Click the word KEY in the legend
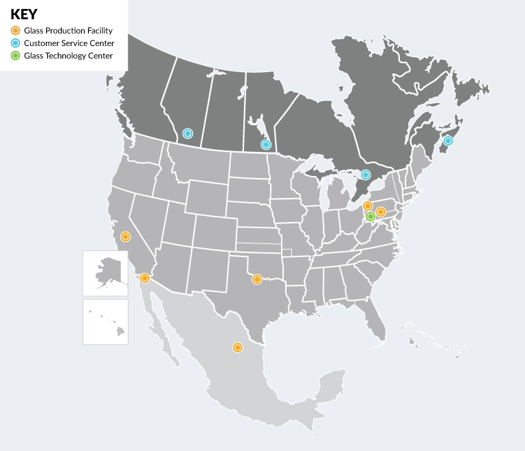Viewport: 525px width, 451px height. click(x=24, y=14)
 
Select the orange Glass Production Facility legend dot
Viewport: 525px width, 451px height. click(x=15, y=31)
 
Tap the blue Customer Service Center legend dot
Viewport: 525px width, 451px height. click(x=15, y=43)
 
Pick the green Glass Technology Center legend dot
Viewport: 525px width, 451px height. click(x=15, y=56)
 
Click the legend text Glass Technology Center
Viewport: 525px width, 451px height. click(x=68, y=56)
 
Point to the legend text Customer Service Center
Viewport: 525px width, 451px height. click(x=69, y=43)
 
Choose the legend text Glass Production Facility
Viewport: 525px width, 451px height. click(x=68, y=31)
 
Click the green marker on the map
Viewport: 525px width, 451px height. click(x=370, y=217)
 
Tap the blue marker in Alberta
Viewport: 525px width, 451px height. click(x=188, y=133)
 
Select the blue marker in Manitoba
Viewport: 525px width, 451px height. click(x=266, y=144)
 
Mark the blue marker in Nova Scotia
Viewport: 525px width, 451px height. click(x=448, y=141)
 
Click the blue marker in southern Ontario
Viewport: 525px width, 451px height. click(x=366, y=175)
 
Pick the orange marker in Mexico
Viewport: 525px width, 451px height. click(x=237, y=348)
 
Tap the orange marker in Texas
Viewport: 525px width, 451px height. click(x=256, y=279)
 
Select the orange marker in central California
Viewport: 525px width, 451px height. click(x=125, y=236)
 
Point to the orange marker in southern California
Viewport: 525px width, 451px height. click(x=144, y=278)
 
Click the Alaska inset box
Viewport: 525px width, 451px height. click(x=105, y=273)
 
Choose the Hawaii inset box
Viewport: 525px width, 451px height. click(x=105, y=321)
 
